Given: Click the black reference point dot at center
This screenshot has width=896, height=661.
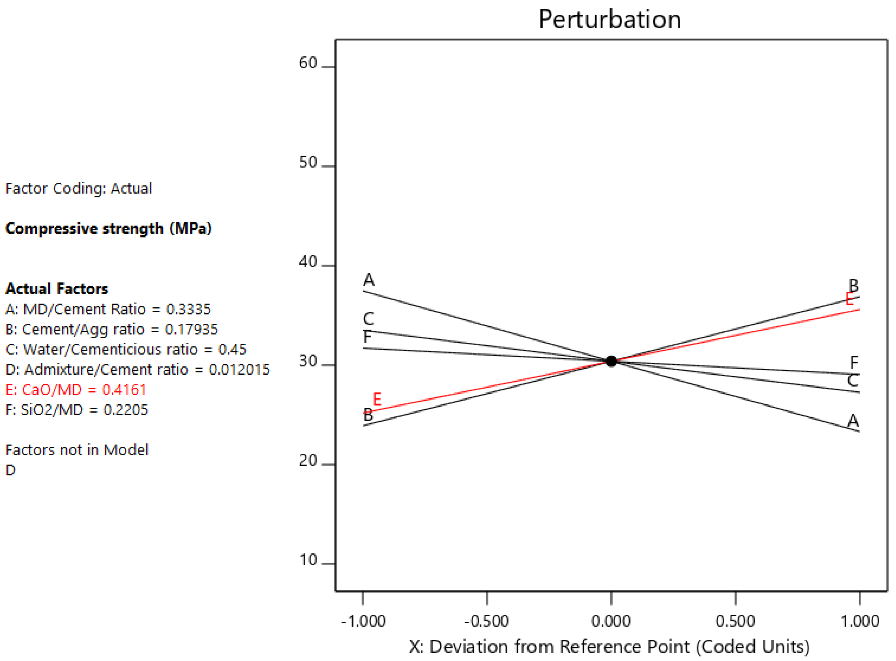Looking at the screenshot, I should (x=611, y=361).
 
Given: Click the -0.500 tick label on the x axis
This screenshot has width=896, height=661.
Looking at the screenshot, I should (x=487, y=621).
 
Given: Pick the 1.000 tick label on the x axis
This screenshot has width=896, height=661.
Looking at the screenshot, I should (x=860, y=621).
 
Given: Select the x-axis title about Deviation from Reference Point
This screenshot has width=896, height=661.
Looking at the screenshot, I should (x=609, y=646).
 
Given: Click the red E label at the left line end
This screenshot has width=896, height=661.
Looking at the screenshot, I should (x=377, y=399).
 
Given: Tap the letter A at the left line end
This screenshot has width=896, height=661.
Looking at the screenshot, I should (x=369, y=280).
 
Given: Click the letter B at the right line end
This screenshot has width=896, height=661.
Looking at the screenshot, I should (x=853, y=285).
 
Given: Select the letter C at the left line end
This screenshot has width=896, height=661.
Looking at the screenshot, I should (x=368, y=319).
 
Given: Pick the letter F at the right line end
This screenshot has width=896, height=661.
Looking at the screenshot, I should (x=854, y=363).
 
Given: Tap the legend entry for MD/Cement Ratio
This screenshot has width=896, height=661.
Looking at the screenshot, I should (x=108, y=309).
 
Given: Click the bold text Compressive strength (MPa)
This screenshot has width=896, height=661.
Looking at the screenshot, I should (x=108, y=229).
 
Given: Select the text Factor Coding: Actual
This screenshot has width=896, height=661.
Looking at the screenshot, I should (x=79, y=188).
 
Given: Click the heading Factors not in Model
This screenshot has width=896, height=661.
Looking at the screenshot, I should (x=77, y=450).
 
